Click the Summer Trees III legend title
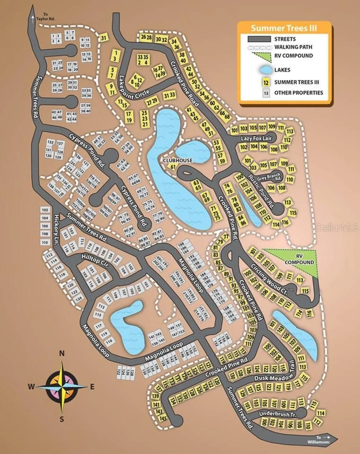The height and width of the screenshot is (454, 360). (284, 28)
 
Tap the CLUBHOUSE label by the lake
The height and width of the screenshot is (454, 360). (178, 160)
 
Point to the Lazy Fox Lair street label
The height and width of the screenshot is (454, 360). (256, 138)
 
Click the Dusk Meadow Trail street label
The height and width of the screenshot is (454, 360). (274, 374)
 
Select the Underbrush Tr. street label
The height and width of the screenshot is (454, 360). (278, 414)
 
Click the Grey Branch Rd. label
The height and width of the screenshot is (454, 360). (269, 176)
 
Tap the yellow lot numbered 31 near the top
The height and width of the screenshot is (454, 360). (104, 38)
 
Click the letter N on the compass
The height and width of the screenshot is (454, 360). (62, 353)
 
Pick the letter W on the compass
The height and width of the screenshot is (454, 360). (31, 387)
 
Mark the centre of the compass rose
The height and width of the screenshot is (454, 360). (62, 387)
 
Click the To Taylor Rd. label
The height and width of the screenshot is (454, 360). (45, 17)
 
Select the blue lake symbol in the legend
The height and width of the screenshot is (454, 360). (266, 70)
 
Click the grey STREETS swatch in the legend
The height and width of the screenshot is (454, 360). (259, 39)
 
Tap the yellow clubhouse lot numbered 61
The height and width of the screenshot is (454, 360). (173, 167)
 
